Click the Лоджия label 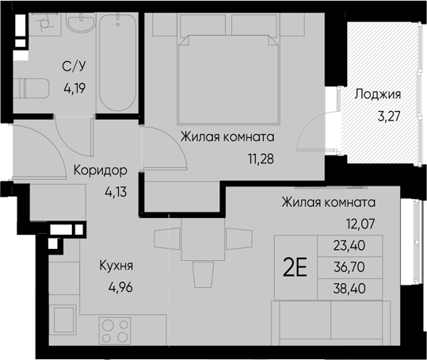click(x=378, y=94)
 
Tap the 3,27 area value click(x=389, y=117)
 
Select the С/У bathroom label click(x=74, y=67)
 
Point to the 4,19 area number click(x=75, y=88)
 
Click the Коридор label click(x=100, y=170)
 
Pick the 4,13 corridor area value click(x=116, y=192)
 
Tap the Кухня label click(x=116, y=266)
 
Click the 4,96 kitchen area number click(x=120, y=287)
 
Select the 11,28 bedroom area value click(x=261, y=159)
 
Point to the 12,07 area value click(x=361, y=224)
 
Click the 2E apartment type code click(x=295, y=267)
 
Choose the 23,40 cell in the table click(x=349, y=246)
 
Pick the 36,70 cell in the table click(x=349, y=267)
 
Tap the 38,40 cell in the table click(x=349, y=289)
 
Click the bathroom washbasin click(x=81, y=23)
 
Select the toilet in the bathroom click(x=32, y=89)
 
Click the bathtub click(x=117, y=62)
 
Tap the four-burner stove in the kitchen click(x=115, y=331)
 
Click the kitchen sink click(x=64, y=320)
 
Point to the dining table click(x=203, y=239)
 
